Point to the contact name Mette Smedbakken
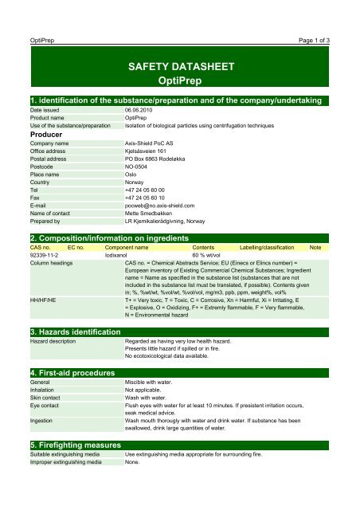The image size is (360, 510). pyautogui.click(x=155, y=211)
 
